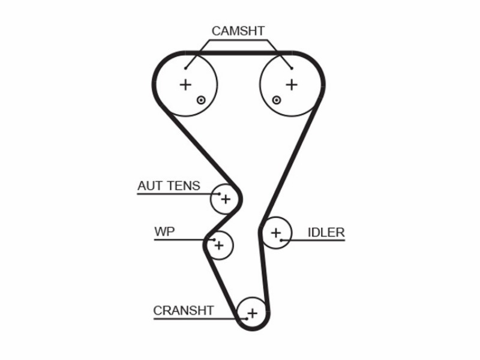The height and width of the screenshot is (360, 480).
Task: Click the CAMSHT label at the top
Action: click(x=238, y=31)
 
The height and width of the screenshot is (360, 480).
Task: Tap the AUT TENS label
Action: click(x=169, y=186)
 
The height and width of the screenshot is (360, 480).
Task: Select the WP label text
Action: click(x=164, y=232)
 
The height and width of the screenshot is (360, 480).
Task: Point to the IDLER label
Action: click(x=326, y=233)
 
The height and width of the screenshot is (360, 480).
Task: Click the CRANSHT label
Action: click(x=184, y=310)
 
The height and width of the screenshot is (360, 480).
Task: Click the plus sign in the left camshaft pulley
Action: click(x=185, y=85)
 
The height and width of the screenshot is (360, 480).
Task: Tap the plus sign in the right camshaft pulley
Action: click(x=292, y=85)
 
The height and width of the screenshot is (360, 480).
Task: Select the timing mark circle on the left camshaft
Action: click(x=201, y=100)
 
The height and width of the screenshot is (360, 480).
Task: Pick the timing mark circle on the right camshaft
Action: click(x=277, y=100)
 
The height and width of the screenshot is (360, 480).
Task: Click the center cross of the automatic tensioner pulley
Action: click(x=226, y=199)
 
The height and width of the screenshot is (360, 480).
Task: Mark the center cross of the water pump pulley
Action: click(x=219, y=245)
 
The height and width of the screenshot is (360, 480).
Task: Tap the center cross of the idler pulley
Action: click(x=276, y=233)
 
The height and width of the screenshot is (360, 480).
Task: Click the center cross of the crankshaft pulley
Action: click(x=253, y=313)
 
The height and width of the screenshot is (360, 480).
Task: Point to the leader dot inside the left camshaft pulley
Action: click(x=185, y=68)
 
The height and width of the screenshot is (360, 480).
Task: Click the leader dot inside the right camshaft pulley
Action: click(x=292, y=68)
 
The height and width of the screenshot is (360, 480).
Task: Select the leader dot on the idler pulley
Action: click(x=281, y=241)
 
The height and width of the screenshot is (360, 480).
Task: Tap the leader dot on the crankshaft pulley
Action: click(x=247, y=319)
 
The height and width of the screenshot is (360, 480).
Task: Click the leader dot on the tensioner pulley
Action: click(x=219, y=194)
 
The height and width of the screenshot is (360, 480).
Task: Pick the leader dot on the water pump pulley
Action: click(x=214, y=239)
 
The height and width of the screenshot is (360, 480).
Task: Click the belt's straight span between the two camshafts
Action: click(x=239, y=53)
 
